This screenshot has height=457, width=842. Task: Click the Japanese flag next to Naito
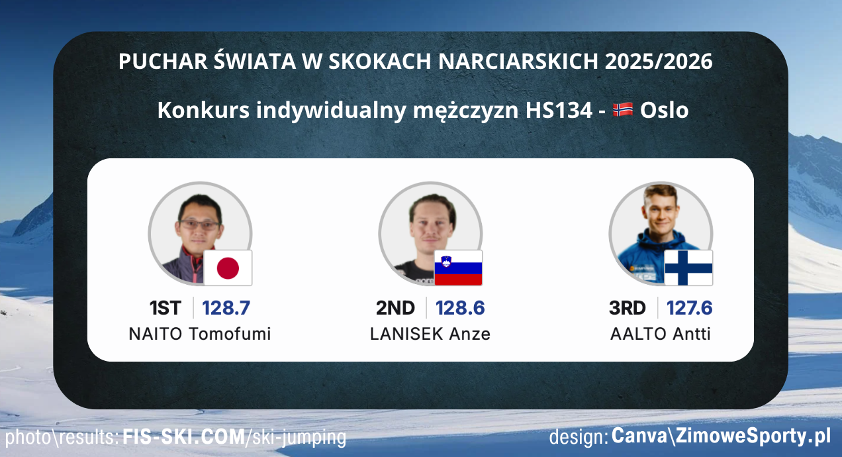click(228, 268)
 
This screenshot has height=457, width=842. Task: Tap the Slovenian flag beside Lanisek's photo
click(458, 268)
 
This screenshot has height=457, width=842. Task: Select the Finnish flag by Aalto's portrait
click(688, 268)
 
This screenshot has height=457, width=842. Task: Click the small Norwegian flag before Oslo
click(623, 110)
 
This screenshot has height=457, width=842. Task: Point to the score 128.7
click(226, 308)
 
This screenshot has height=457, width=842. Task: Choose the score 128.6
click(460, 308)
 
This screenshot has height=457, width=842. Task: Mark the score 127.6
click(689, 308)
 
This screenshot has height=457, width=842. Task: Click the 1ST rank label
click(165, 308)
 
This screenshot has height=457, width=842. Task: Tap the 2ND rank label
click(395, 308)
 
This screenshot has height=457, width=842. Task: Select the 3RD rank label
click(627, 308)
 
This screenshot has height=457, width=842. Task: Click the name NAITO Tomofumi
click(200, 334)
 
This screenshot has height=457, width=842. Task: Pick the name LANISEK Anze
click(430, 334)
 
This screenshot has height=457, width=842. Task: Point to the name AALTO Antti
click(661, 334)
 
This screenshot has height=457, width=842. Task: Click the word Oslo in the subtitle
click(664, 110)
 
